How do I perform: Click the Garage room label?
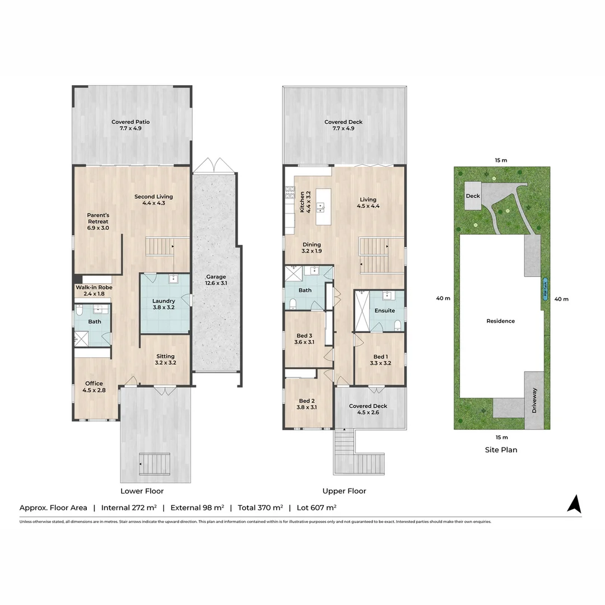pos(216,280)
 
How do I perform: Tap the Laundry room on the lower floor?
pos(164,304)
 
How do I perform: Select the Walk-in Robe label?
pos(94,290)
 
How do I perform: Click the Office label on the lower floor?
pos(94,387)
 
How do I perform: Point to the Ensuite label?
pos(384,310)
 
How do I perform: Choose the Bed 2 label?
pos(308,404)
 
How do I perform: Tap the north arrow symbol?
pos(574,504)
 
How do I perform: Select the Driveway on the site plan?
pos(534,400)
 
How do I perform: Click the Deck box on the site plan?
pos(473,196)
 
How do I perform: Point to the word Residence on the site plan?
pos(500,321)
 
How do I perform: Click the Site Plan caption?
pos(501,450)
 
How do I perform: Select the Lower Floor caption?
pos(142,491)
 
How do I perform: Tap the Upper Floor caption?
pos(344,491)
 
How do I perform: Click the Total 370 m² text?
pos(260,508)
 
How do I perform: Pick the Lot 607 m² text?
pos(316,508)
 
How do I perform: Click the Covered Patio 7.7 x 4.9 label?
pos(131,125)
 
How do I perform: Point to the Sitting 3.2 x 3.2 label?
pos(165,359)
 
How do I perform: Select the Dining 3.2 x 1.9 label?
pos(311,248)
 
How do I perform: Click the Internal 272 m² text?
pos(128,508)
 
